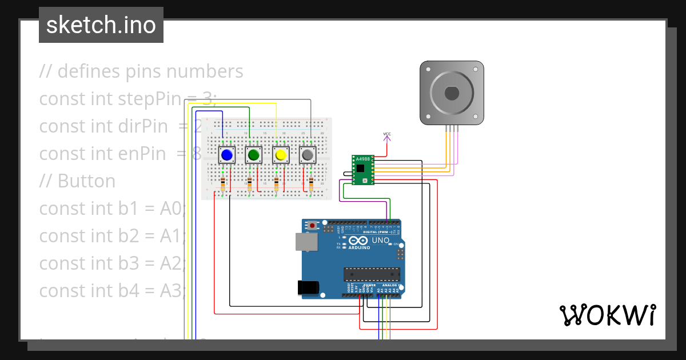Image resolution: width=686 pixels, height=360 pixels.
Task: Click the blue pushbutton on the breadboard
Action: pos(227,155)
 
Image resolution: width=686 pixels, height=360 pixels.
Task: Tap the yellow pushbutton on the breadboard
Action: pos(281,155)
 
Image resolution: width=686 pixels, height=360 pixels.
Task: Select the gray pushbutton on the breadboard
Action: pos(308,155)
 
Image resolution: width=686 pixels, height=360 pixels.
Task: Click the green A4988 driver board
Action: pos(362,170)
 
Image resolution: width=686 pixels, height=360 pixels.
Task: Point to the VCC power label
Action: pos(387,135)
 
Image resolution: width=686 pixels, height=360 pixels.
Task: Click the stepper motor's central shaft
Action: pos(452,93)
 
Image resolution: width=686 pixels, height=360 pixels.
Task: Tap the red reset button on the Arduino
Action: pos(312,226)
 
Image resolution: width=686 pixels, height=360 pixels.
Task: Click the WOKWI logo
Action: pos(607,315)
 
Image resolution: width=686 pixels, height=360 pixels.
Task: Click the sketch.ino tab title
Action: pos(101,25)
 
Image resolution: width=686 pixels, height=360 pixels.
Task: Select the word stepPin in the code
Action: pos(149,99)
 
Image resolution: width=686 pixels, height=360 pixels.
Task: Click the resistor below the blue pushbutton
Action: pos(223,185)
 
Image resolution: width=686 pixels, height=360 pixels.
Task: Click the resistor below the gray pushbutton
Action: pos(311,185)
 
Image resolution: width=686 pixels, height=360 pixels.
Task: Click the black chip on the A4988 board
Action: pos(360,168)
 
